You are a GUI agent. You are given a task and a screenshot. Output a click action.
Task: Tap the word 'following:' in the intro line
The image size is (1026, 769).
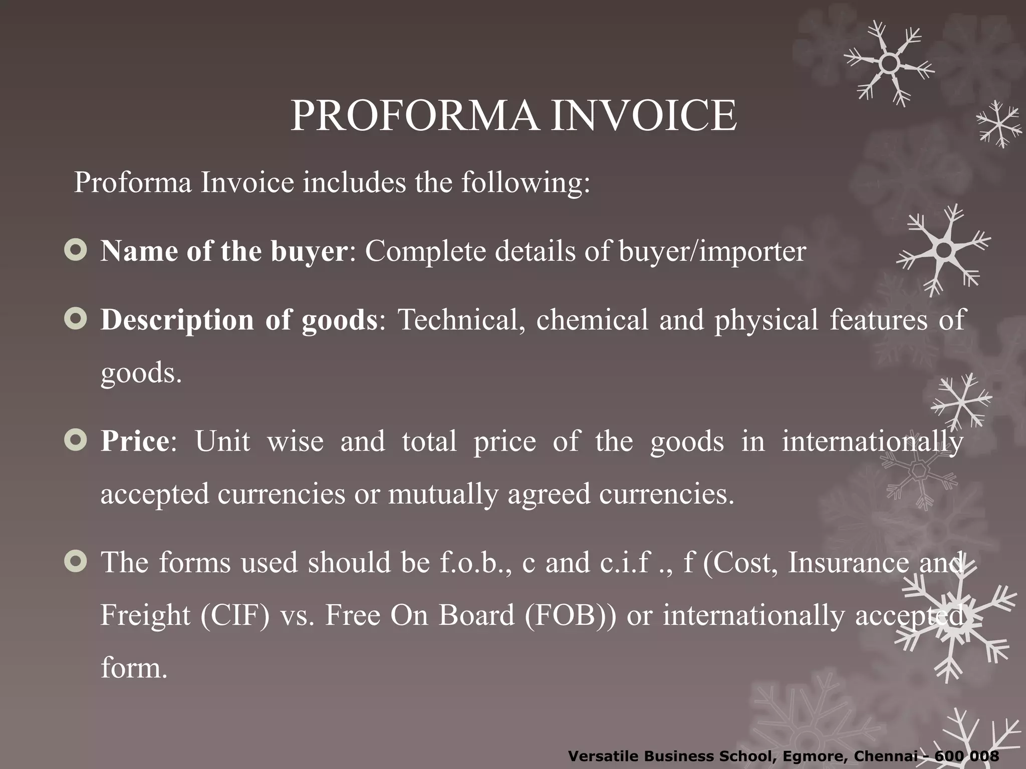click(526, 182)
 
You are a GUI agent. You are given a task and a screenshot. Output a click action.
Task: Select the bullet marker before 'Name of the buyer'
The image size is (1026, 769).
click(76, 250)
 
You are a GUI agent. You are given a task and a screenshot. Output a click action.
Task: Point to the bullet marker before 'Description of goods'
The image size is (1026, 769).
click(76, 319)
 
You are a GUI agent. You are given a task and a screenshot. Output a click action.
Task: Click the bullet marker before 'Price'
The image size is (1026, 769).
click(76, 441)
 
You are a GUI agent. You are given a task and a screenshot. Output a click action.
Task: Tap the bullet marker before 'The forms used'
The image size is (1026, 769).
click(76, 562)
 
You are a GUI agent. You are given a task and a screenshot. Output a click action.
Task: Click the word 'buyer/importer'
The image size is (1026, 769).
click(712, 251)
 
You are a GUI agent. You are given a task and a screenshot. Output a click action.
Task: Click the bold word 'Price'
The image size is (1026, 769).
click(135, 442)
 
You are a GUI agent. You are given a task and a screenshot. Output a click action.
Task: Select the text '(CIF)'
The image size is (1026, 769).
click(234, 616)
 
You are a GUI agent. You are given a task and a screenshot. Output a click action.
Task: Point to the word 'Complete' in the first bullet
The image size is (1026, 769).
click(425, 251)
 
